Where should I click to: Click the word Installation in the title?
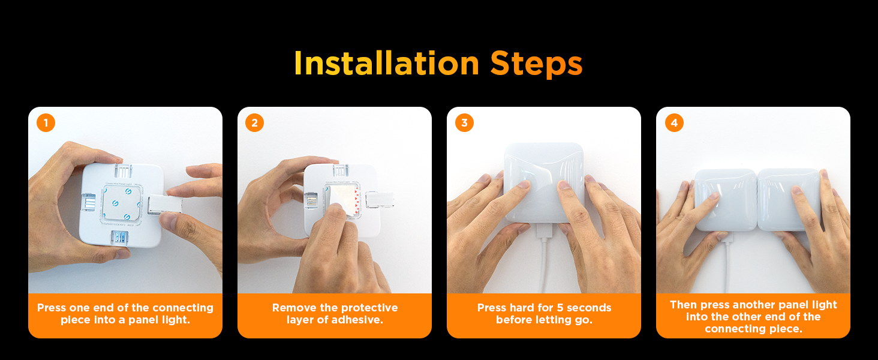click(386, 63)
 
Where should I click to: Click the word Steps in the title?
click(536, 64)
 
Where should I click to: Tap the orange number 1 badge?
click(46, 123)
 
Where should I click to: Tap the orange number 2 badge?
click(255, 123)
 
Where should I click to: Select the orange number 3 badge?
click(464, 123)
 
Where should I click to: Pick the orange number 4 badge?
click(674, 123)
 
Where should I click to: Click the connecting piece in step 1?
click(165, 205)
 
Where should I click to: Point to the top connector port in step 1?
click(123, 171)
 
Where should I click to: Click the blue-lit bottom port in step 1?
click(119, 238)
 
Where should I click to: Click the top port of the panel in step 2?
click(341, 171)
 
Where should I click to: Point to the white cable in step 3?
click(544, 259)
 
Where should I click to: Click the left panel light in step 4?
click(726, 200)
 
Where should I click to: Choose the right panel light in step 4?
click(789, 200)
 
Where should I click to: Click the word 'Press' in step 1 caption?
click(52, 308)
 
